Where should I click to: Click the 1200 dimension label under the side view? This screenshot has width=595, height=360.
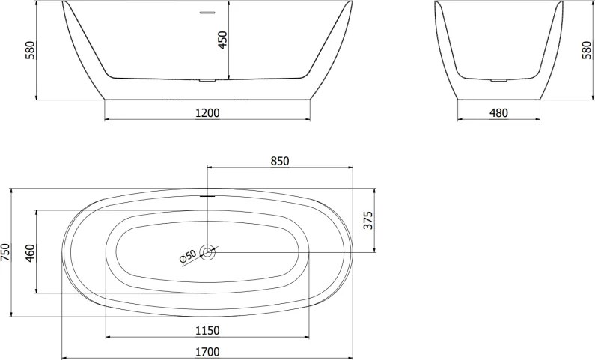point(207,113)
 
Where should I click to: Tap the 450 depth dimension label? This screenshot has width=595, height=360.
point(222,40)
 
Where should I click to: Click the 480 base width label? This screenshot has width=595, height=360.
point(498,113)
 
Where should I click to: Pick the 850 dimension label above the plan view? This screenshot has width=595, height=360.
point(278,161)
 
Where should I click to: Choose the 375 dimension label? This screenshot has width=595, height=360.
point(367,220)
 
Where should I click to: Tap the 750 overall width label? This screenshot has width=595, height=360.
point(6,253)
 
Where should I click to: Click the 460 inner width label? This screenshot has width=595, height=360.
point(30,251)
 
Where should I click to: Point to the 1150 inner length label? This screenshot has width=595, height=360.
point(207,331)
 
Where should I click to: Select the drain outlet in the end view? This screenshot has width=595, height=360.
point(498,79)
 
